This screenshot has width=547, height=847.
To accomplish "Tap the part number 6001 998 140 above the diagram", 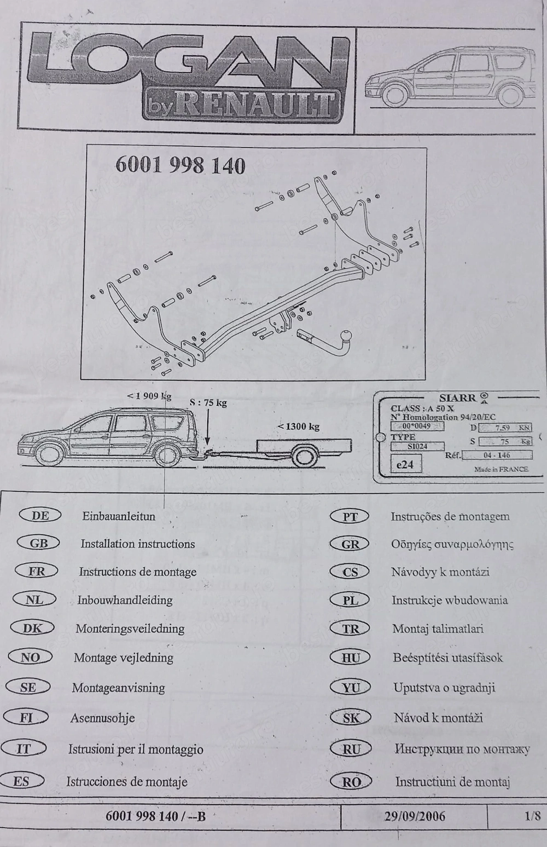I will coord(180,165).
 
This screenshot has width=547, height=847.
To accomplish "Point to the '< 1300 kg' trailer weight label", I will coord(298,426).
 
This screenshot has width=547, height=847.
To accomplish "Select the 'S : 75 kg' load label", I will coord(208,402).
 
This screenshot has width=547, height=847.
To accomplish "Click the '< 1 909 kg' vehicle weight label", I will coord(149,395).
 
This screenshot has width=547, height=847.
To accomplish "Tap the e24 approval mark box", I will coord(405,464).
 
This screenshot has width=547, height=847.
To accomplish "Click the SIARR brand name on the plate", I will coord(457,398).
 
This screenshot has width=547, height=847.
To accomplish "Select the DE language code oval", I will coord(40,515).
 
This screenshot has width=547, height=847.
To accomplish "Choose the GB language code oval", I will coord(39,543).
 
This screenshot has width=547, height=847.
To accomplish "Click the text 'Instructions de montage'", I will coord(137,572).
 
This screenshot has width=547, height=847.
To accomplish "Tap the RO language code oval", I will coord(351,782).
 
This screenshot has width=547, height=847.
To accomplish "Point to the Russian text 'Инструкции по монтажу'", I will coord(462,749).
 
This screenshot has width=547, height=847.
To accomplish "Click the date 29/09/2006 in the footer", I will coord(414,816).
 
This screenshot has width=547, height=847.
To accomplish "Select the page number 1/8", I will coord(532,816).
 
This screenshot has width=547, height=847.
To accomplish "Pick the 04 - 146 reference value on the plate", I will coord(497,454).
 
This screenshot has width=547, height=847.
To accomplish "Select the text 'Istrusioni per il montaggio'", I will coord(136,749).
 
